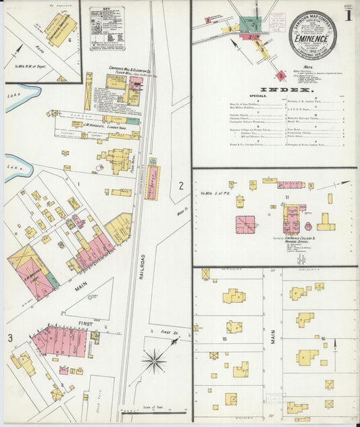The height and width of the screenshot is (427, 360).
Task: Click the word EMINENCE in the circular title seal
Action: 313,39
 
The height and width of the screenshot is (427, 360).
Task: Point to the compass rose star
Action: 154,361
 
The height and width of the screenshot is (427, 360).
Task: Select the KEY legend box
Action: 107,29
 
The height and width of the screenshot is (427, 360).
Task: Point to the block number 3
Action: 10,338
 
